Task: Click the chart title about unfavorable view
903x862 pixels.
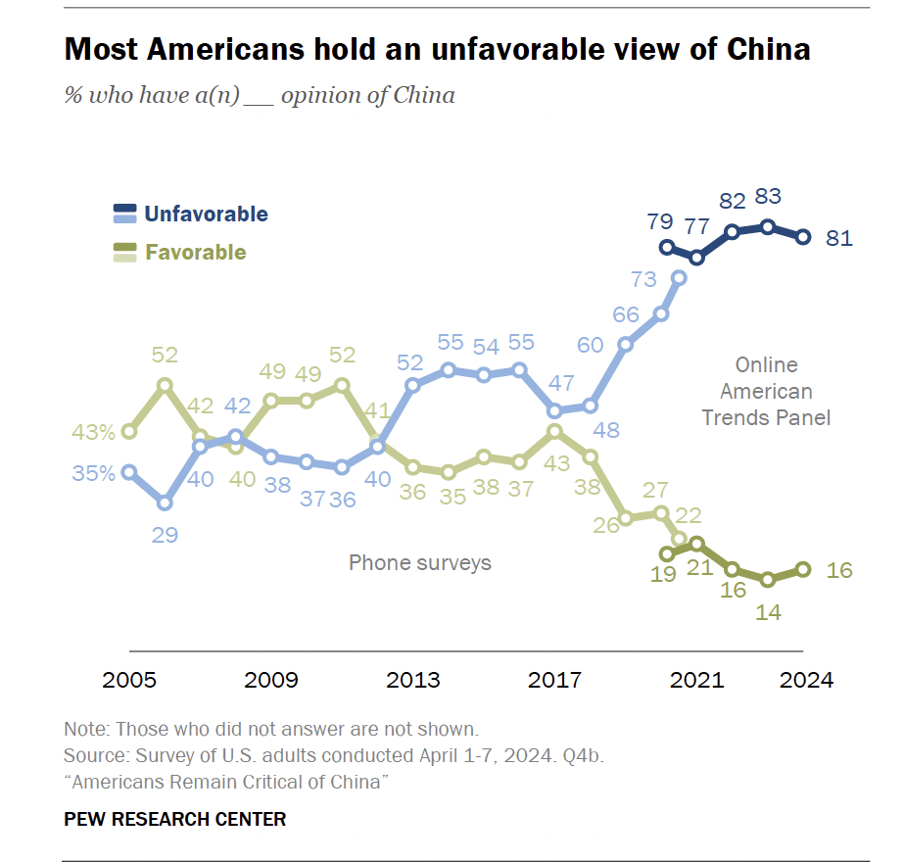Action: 437,49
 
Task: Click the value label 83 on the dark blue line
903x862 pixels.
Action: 768,197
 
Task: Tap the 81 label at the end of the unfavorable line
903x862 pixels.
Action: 839,238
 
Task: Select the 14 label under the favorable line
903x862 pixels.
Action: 768,613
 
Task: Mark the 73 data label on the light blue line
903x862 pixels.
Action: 642,280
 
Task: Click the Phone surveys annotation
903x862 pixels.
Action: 420,562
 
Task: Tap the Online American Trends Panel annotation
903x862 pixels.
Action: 767,391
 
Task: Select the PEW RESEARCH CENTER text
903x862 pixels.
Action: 175,819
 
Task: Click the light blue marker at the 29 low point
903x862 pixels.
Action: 165,503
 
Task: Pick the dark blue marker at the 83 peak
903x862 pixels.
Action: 768,227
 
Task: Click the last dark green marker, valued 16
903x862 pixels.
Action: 803,569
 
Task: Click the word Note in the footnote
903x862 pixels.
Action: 85,730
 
